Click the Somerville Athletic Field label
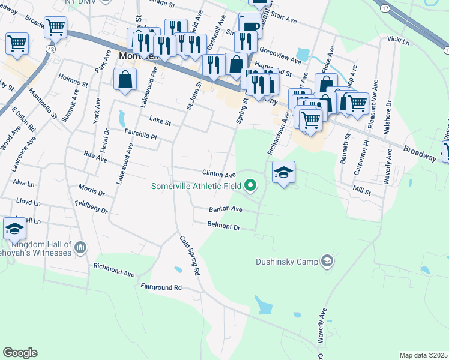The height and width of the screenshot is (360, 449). coord(196,185)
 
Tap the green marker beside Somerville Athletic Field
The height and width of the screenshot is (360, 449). coord(250,186)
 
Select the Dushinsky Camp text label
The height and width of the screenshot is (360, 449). coord(288,262)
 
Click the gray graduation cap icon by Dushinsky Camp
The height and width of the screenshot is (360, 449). coord(327,261)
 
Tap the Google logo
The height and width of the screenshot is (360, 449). coord(20,353)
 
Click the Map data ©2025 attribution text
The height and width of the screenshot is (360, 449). coord(423,355)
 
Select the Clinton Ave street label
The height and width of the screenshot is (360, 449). coord(218,174)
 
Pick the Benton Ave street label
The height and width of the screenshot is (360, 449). coord(225,209)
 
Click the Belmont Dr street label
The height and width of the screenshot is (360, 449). coord(223,227)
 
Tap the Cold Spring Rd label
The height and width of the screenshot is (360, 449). coord(190,255)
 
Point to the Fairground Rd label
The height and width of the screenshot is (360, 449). coord(161,287)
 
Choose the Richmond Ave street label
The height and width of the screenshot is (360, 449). coord(114,269)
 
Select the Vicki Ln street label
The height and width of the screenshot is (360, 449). coord(398,41)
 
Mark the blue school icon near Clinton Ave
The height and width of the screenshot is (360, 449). coord(283,173)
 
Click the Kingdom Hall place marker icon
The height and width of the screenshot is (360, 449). coord(80,247)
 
